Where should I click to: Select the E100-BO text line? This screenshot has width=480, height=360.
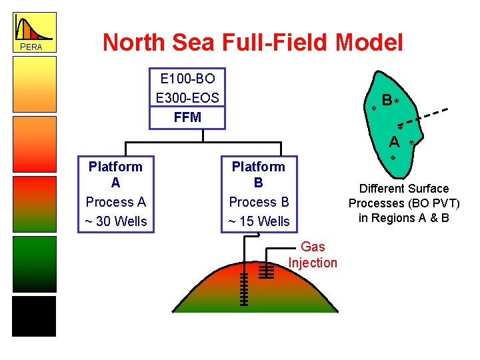pos(187,79)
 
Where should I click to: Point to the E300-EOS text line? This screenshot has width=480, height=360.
pos(187,98)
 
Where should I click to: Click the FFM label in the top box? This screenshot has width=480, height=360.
pos(187,117)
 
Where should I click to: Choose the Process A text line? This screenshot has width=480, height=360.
pos(115,202)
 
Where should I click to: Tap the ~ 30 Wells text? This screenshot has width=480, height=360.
pos(115,221)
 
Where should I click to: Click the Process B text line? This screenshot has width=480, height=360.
pos(259,202)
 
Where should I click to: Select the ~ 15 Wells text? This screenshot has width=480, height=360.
pos(259,221)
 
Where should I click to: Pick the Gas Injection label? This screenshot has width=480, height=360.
pos(313,255)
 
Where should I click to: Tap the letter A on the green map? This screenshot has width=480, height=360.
pos(395,141)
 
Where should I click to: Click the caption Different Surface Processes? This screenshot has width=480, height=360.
pos(404,203)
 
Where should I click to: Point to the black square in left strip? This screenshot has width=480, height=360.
pos(34,316)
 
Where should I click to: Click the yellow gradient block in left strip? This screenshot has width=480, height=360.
pos(34,87)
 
